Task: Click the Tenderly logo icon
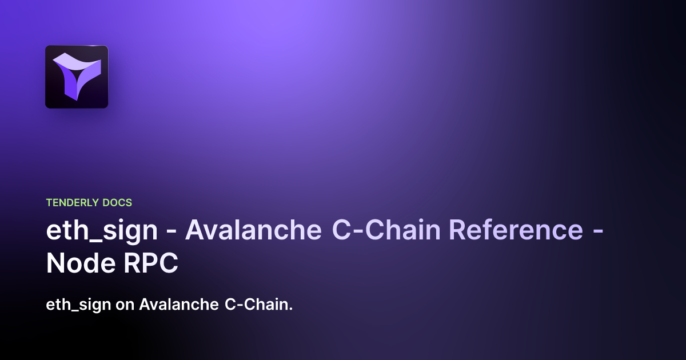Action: pyautogui.click(x=77, y=77)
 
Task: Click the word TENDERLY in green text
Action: pyautogui.click(x=71, y=202)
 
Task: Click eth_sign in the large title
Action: pyautogui.click(x=102, y=230)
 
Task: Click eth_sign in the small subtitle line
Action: pyautogui.click(x=78, y=305)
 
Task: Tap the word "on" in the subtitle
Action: pyautogui.click(x=125, y=305)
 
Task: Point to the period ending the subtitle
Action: pyautogui.click(x=291, y=309)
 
